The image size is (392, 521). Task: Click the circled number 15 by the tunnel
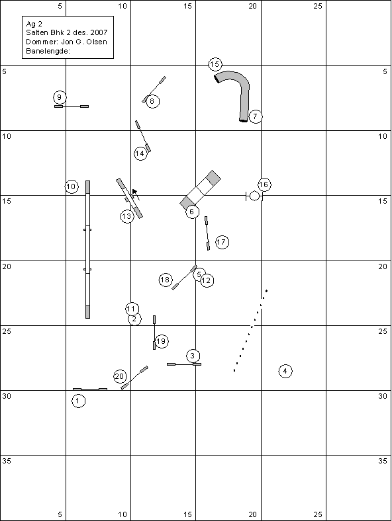pyautogui.click(x=215, y=64)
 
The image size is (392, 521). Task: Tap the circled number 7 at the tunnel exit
pyautogui.click(x=255, y=116)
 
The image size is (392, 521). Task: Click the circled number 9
pyautogui.click(x=60, y=97)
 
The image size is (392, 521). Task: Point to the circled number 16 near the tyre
pyautogui.click(x=264, y=184)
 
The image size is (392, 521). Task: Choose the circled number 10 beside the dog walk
pyautogui.click(x=72, y=186)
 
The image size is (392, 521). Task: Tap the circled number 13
pyautogui.click(x=127, y=216)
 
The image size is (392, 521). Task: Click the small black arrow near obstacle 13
pyautogui.click(x=134, y=192)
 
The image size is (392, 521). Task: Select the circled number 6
pyautogui.click(x=192, y=212)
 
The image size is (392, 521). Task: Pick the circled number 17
pyautogui.click(x=222, y=242)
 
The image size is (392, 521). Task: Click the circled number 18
pyautogui.click(x=166, y=280)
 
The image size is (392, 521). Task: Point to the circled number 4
pyautogui.click(x=285, y=371)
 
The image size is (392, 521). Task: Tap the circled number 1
pyautogui.click(x=79, y=401)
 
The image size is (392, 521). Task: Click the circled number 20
pyautogui.click(x=120, y=376)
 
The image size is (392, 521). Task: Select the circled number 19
pyautogui.click(x=162, y=341)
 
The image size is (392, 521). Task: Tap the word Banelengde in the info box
pyautogui.click(x=48, y=51)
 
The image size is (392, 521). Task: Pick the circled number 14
pyautogui.click(x=141, y=153)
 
